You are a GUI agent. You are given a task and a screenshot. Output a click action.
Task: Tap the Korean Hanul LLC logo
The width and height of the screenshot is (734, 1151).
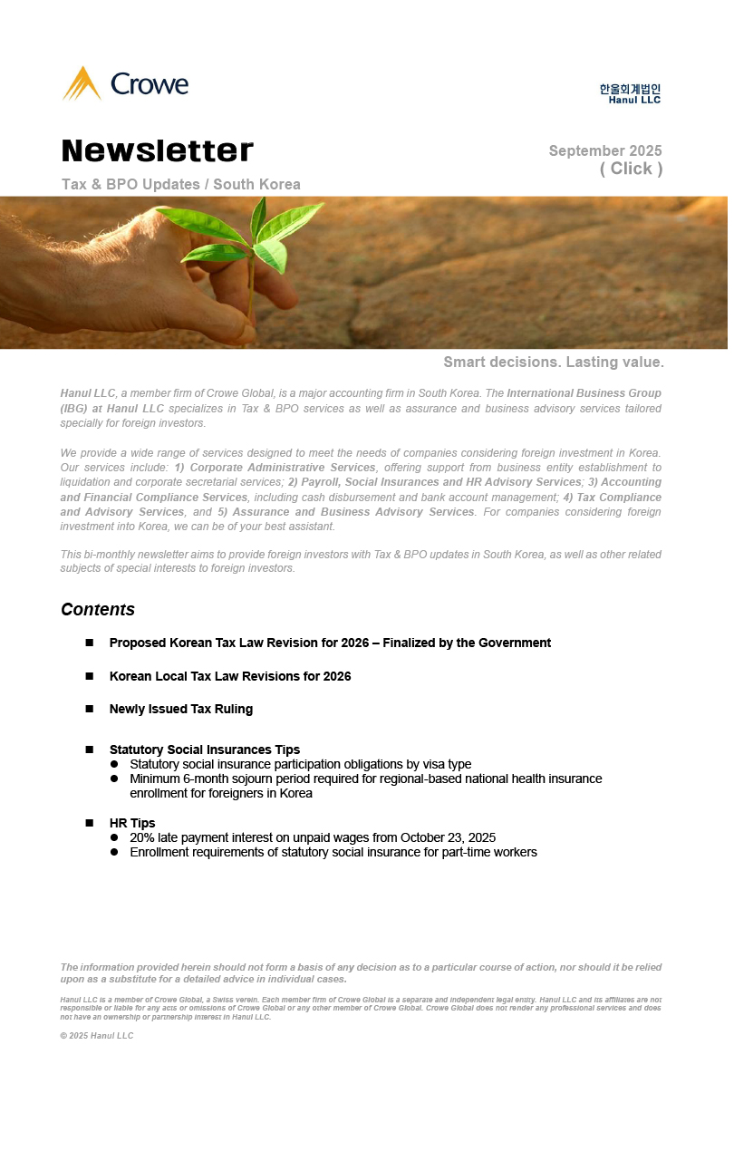(630, 93)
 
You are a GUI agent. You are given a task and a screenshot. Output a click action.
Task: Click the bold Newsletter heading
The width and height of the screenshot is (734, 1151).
(158, 150)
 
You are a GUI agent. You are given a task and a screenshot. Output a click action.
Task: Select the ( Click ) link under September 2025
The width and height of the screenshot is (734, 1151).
(631, 169)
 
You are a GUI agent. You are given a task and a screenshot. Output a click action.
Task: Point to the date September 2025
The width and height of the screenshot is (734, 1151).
(605, 150)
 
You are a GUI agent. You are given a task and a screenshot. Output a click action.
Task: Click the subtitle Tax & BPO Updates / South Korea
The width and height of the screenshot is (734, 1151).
(181, 184)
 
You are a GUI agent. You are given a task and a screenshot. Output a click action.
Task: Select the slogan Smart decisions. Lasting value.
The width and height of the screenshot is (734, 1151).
(554, 363)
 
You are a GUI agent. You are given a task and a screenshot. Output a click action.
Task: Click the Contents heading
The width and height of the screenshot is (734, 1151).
(98, 609)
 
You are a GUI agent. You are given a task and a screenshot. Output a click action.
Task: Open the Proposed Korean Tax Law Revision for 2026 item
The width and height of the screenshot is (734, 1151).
(330, 643)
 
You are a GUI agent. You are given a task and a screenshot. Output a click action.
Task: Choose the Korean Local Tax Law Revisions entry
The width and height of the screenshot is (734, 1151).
(230, 676)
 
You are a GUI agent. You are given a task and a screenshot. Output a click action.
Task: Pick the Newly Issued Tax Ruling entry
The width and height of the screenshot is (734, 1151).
(181, 709)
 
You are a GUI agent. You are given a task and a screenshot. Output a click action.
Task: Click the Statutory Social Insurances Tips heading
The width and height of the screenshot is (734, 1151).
(205, 750)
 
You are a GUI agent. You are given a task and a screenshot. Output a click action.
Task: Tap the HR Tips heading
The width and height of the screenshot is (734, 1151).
(132, 823)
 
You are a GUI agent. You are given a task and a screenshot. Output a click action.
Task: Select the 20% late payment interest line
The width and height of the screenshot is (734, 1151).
(313, 837)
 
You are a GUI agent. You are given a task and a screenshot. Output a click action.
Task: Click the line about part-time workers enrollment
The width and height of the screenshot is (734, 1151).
(333, 852)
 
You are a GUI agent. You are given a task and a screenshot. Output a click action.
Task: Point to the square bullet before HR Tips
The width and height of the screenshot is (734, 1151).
(90, 823)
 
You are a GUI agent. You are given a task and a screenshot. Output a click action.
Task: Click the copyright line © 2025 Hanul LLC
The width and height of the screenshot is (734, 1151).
(97, 1036)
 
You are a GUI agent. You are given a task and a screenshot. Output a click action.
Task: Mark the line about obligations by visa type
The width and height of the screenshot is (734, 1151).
(301, 764)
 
